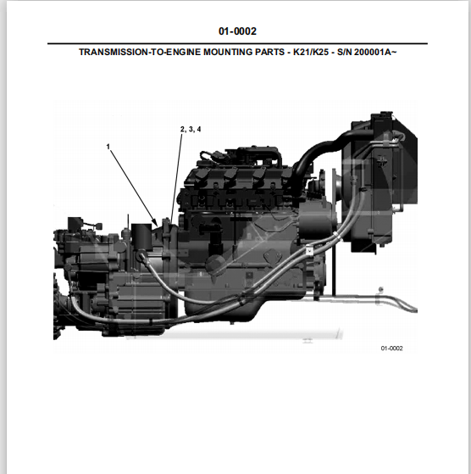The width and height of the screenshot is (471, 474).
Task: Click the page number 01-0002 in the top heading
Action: point(237,31)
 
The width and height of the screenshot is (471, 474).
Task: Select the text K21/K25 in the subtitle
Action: point(311,52)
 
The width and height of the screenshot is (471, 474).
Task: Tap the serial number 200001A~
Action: point(375,52)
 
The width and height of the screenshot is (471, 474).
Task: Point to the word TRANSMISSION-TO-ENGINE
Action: point(140,52)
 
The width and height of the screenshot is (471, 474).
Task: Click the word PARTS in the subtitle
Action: point(269,52)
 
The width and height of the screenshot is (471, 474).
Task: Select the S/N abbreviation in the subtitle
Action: point(344,52)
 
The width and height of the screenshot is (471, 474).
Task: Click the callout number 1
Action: point(108,147)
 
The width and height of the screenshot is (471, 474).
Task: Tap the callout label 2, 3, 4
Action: point(191,129)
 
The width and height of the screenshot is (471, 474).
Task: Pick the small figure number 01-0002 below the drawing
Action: point(391,349)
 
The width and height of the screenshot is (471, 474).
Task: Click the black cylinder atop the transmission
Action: point(141,236)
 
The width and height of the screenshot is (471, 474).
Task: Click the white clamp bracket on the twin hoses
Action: point(308,251)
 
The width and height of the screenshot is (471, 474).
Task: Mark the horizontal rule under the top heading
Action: point(237,44)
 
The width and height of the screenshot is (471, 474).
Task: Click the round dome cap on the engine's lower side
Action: point(214,264)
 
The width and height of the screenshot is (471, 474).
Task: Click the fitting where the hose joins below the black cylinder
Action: point(141,255)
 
